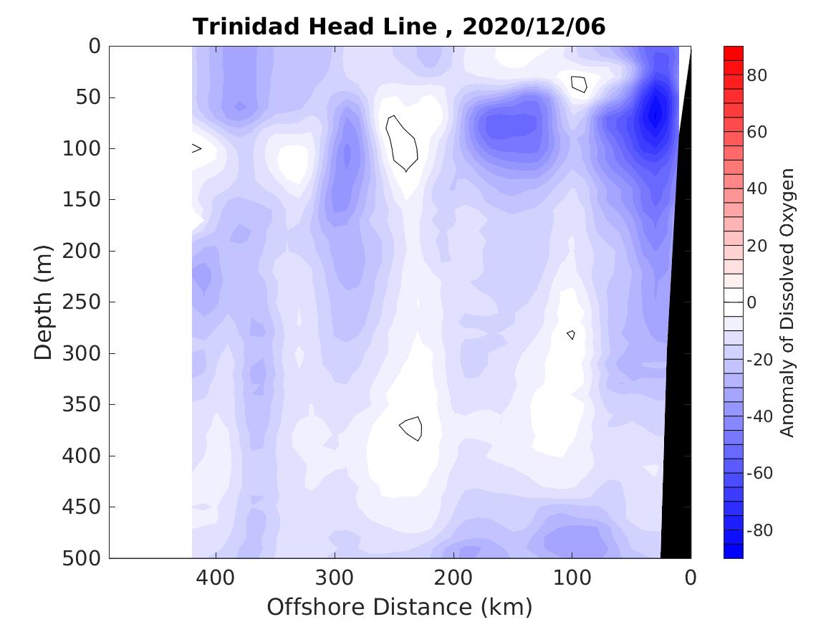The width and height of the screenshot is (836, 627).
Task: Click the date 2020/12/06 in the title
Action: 534,27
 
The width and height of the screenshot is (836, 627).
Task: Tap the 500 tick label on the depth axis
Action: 85,558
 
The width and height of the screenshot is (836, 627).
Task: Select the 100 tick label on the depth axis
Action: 85,149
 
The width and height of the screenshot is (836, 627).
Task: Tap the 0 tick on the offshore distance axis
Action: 691,577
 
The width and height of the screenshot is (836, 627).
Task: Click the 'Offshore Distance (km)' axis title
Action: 400,607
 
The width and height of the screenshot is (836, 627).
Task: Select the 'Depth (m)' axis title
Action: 44,301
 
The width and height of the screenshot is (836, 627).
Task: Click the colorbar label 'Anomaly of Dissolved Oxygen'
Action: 787,302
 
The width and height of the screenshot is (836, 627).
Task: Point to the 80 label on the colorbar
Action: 756,75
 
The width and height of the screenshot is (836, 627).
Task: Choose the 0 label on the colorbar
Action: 751,302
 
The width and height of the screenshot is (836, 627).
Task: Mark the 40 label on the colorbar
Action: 756,189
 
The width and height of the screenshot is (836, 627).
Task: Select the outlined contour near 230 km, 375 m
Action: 412,428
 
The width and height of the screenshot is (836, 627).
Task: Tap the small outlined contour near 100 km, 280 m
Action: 571,335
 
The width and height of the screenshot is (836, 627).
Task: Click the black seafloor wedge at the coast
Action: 676,430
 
